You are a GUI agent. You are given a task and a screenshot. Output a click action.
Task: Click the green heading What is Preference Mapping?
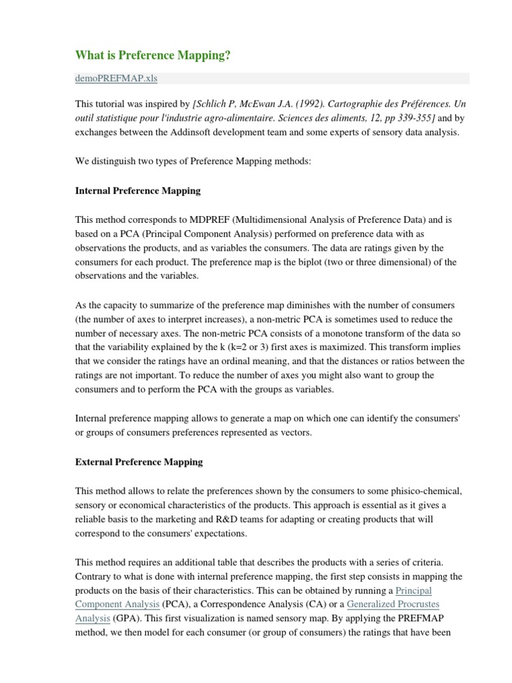point(153,55)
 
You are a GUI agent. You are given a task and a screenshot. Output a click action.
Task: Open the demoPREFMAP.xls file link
point(117,78)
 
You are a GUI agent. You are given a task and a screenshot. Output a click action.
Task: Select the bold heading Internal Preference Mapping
point(138,191)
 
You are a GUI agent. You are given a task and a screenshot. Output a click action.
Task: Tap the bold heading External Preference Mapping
point(139,462)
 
